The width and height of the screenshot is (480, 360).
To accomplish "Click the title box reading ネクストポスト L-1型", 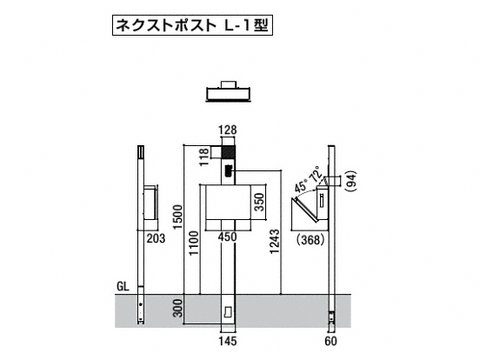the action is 192,25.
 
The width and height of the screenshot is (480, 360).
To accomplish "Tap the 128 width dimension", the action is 228,130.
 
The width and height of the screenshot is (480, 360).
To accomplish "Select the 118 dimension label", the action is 204,157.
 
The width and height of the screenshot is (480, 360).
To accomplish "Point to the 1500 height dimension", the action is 177,217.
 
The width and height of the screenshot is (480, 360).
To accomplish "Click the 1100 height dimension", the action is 194,243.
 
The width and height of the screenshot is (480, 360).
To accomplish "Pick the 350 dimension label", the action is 259,202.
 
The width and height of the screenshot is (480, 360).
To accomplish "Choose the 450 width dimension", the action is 228,237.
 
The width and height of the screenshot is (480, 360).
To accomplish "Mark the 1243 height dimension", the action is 275,242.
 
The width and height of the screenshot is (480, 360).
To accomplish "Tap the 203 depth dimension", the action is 156,238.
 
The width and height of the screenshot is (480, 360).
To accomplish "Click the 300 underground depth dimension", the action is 177,309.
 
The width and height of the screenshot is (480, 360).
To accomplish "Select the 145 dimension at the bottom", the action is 228,341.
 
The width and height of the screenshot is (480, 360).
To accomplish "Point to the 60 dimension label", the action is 330,341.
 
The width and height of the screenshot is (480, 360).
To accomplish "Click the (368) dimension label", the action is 310,240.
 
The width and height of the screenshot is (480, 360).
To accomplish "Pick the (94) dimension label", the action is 352,182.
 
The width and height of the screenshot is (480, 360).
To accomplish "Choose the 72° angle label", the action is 316,174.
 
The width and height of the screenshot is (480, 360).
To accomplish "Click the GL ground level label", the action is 123,286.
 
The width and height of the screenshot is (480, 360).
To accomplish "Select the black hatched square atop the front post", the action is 229,152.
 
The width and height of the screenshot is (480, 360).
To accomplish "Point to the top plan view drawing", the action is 229,91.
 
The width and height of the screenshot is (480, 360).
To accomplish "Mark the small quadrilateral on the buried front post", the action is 229,312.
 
